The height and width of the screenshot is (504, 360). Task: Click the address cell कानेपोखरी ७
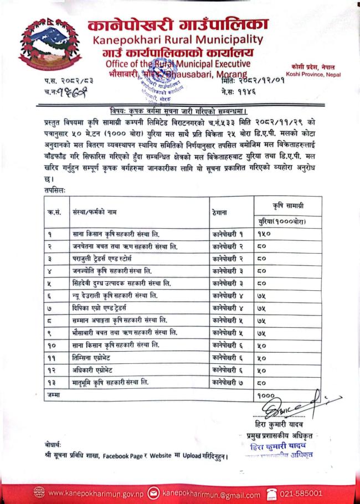(228, 382)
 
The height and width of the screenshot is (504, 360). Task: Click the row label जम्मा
(54, 394)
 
